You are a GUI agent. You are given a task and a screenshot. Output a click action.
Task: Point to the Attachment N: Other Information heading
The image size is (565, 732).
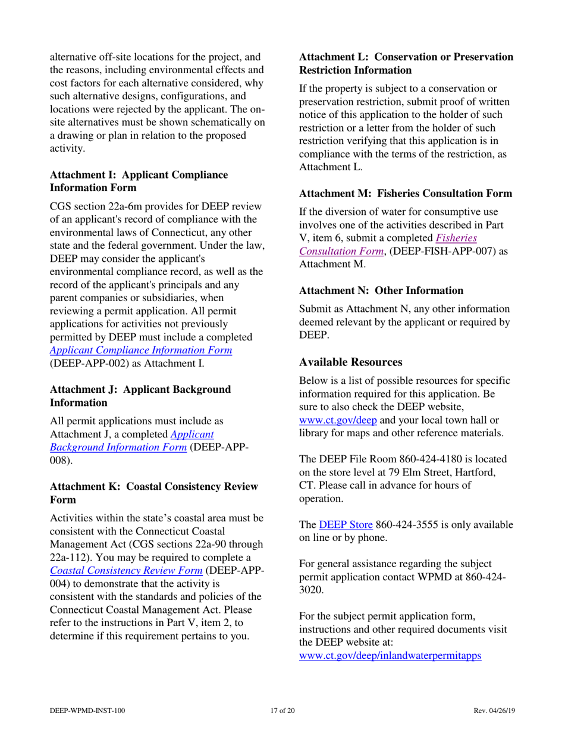click(381, 291)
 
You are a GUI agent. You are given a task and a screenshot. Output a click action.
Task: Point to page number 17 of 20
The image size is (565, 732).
click(282, 711)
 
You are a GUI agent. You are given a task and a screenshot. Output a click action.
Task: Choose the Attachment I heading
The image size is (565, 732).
click(139, 182)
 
